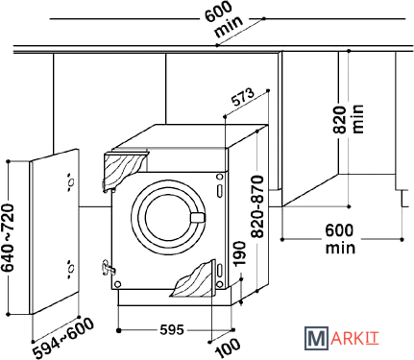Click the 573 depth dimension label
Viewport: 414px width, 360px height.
point(243,97)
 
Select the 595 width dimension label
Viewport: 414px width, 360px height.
point(172,329)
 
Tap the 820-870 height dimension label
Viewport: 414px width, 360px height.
point(257,206)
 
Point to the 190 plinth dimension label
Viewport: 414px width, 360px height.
point(239,253)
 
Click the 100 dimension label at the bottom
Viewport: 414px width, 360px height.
point(228,348)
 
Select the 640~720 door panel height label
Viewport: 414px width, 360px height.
point(8,238)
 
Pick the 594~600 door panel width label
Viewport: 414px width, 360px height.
point(64,338)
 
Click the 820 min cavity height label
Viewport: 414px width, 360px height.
point(349,119)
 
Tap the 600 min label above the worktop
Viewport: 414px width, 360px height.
point(224,19)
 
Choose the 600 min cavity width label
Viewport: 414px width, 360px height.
point(340,239)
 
